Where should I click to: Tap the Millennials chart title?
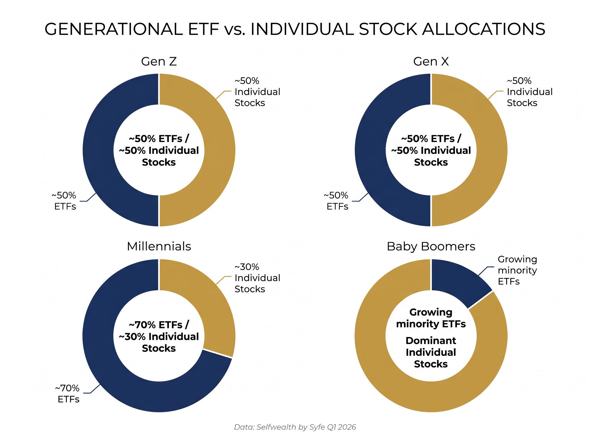click(x=159, y=246)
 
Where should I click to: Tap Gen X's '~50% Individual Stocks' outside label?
click(x=529, y=92)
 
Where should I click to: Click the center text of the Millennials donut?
click(x=159, y=336)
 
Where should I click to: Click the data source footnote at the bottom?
click(x=295, y=427)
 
